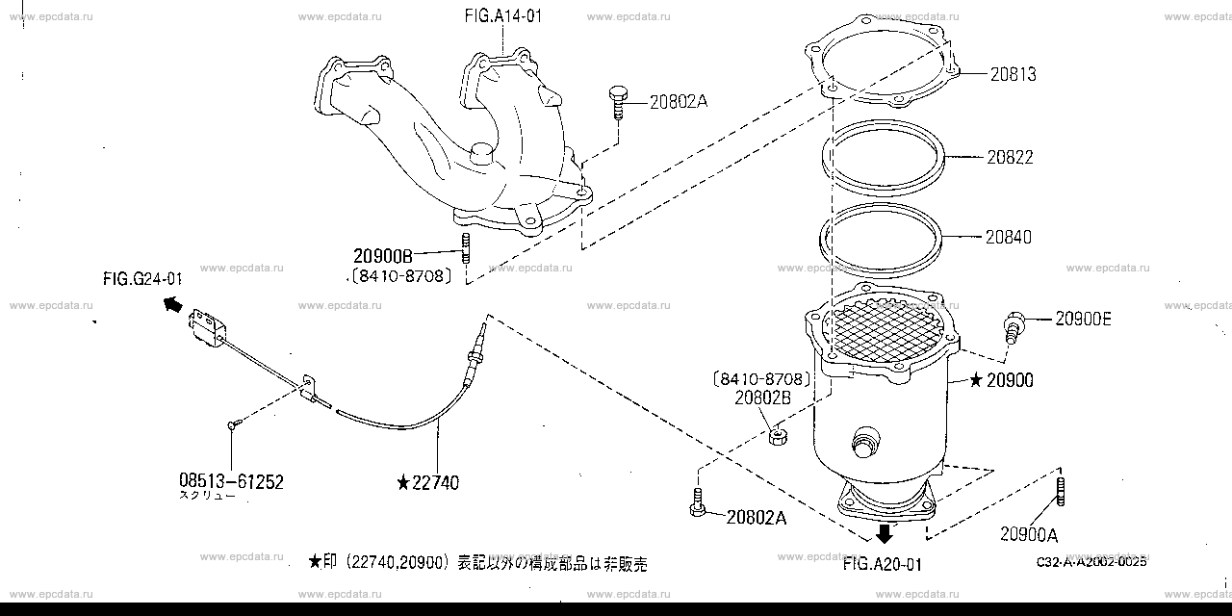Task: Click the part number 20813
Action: (x=1012, y=74)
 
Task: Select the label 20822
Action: (x=1010, y=157)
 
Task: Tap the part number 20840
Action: (x=1008, y=236)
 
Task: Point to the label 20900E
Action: (x=1083, y=319)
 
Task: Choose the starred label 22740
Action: (x=428, y=482)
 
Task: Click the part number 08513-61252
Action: (x=231, y=481)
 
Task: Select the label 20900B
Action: (x=382, y=256)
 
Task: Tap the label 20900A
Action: (x=1029, y=535)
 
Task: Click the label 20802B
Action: (x=763, y=396)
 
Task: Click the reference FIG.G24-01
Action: (x=142, y=279)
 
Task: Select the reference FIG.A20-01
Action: (x=882, y=565)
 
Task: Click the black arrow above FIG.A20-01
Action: (x=884, y=535)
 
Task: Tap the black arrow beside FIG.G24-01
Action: (x=172, y=305)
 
